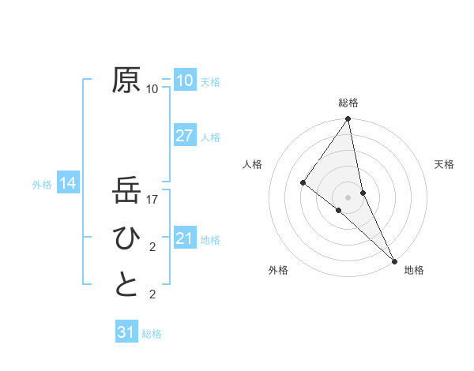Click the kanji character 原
click(127, 81)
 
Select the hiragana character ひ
click(127, 238)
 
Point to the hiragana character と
click(127, 285)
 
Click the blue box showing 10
click(184, 81)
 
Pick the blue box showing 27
click(184, 135)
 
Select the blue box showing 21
click(184, 238)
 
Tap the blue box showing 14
click(68, 184)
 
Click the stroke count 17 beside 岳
click(153, 200)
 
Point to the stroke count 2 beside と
click(152, 295)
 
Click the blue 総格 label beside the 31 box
click(152, 334)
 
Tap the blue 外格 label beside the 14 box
click(42, 185)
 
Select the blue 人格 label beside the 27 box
click(210, 137)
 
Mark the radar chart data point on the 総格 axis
click(348, 120)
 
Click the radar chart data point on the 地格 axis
click(394, 259)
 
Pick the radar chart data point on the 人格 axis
click(303, 182)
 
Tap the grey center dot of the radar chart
click(348, 196)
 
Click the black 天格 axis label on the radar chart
click(444, 164)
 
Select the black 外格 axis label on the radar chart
click(278, 270)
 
